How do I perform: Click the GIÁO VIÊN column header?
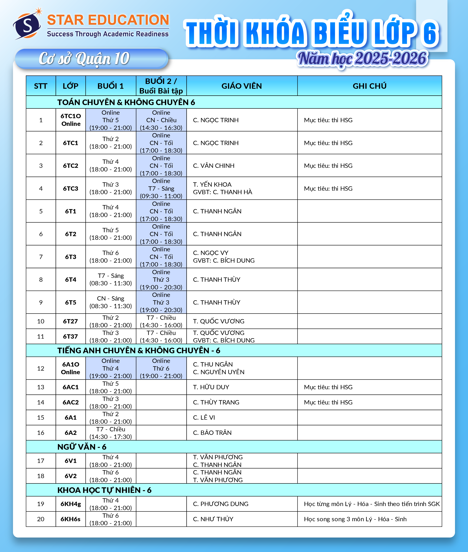point(241,86)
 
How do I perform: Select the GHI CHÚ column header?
point(369,86)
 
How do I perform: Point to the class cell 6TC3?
point(71,188)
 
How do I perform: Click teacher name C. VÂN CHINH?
point(214,166)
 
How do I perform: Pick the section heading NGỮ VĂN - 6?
point(82,447)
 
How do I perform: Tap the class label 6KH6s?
point(71,519)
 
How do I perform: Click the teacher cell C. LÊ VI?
point(204,417)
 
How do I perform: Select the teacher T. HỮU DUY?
point(211,387)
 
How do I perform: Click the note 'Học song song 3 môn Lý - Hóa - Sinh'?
point(355,519)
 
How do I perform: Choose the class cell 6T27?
point(71,321)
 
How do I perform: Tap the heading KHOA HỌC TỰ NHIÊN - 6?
point(104,490)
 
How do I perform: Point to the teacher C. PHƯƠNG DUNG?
point(220,504)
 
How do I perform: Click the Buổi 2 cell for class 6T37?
point(161,336)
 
